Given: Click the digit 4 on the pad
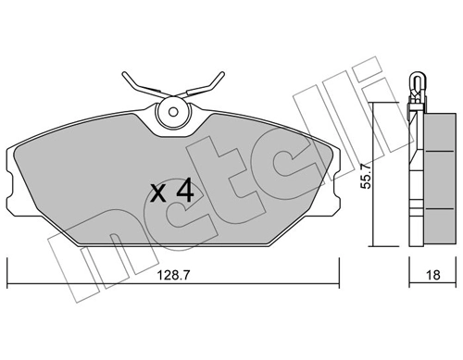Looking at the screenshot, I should [x=184, y=192].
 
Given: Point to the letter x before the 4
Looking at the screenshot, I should [x=159, y=193].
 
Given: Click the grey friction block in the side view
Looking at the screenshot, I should [x=431, y=176].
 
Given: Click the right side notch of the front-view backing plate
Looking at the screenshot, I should [x=336, y=185].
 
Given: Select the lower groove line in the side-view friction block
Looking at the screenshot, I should [x=431, y=207].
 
